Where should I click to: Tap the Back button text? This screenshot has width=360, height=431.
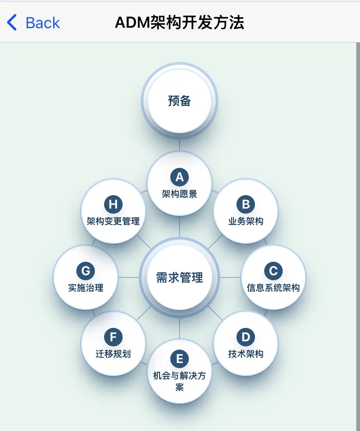[x=43, y=23]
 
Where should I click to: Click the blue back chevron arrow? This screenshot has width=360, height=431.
[x=12, y=23]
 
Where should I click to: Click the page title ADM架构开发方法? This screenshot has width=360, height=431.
[x=180, y=22]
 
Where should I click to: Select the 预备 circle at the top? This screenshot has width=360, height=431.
[x=180, y=101]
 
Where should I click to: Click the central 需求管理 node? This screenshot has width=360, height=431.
[x=180, y=277]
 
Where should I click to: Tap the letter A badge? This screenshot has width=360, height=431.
[x=180, y=177]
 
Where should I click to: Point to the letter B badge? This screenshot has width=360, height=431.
[x=246, y=204]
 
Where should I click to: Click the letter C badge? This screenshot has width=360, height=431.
[x=273, y=271]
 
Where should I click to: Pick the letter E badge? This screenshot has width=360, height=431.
[x=180, y=359]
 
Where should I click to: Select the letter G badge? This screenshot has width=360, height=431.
[x=86, y=271]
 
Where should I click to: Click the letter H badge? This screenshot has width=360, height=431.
[x=113, y=204]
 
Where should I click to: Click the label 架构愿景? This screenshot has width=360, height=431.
[x=180, y=194]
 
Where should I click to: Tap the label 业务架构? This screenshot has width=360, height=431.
[x=246, y=221]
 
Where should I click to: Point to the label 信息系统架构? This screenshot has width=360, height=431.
[x=273, y=288]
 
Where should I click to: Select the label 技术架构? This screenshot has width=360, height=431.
[x=246, y=354]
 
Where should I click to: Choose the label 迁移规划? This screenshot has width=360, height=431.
[x=113, y=354]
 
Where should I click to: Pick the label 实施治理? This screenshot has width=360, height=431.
[x=86, y=288]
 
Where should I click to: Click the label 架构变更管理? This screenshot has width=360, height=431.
[x=113, y=221]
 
